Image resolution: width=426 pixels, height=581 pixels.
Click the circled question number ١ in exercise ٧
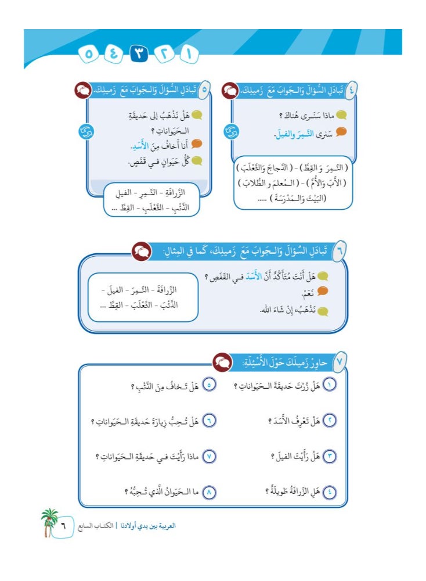click(x=329, y=385)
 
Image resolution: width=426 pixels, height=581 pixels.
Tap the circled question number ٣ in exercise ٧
click(x=329, y=456)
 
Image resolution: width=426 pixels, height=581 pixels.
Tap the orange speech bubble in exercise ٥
click(x=198, y=144)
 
